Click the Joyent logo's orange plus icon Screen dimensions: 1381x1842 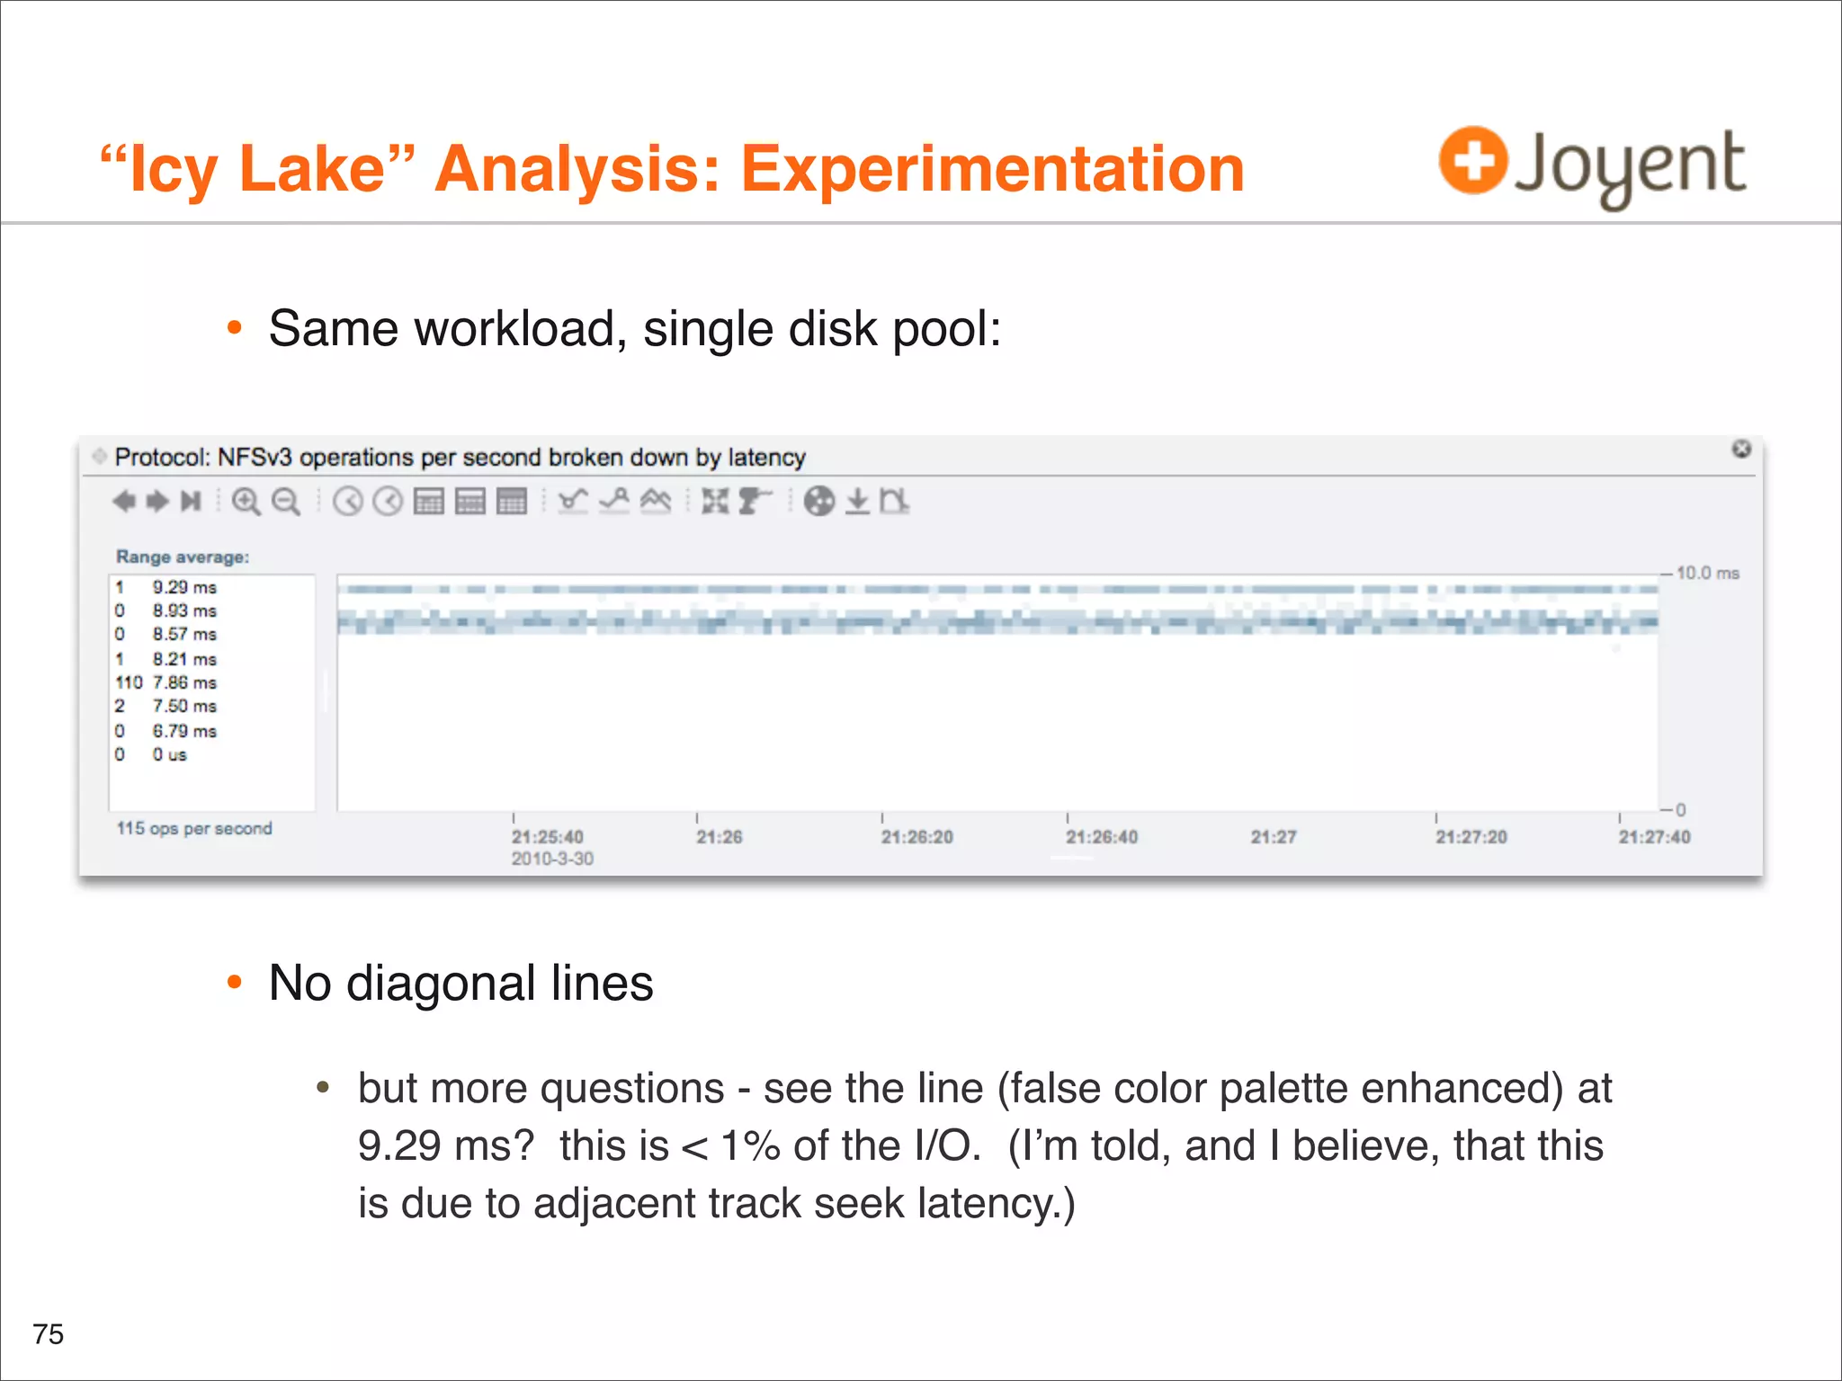pos(1472,160)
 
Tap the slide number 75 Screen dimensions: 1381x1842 pos(49,1333)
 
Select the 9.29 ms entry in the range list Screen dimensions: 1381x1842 pos(183,587)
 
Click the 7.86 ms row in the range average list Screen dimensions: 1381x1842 pos(183,682)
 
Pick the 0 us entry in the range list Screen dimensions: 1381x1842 pos(169,754)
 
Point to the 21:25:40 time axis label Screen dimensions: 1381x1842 pos(547,837)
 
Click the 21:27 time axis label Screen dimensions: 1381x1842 pos(1273,837)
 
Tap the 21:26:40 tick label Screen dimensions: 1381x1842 pos(1101,837)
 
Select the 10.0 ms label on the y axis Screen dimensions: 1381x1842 pos(1707,573)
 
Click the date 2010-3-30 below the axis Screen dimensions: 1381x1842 pos(552,859)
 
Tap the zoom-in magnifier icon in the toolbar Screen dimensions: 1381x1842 pos(246,501)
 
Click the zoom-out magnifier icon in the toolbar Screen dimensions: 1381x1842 pos(286,501)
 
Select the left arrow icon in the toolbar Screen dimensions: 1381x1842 pos(124,501)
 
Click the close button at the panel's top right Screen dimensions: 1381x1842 pos(1741,449)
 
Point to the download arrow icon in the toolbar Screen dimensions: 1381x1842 pos(858,501)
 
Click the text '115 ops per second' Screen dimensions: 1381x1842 pos(194,828)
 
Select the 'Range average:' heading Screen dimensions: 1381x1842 pos(183,557)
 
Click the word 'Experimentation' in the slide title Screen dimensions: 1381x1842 pos(992,169)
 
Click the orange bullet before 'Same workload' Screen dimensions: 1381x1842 pos(235,328)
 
